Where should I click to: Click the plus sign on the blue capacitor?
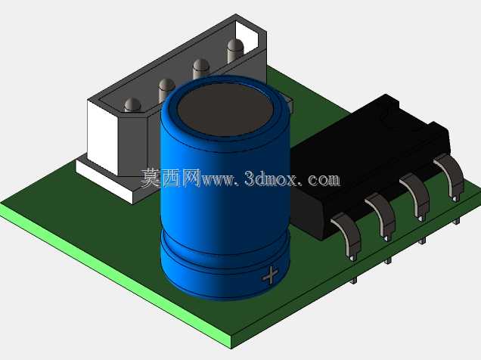(270, 275)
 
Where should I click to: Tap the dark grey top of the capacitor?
(225, 109)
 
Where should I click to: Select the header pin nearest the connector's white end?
(133, 105)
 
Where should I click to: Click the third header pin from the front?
(201, 69)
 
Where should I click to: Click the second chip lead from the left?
(382, 216)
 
